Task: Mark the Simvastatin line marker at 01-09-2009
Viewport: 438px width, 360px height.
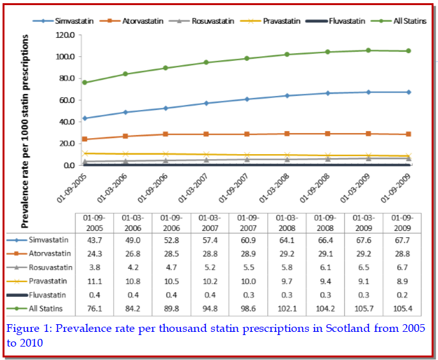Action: pos(409,92)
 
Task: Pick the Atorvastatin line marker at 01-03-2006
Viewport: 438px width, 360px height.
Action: pos(125,136)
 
